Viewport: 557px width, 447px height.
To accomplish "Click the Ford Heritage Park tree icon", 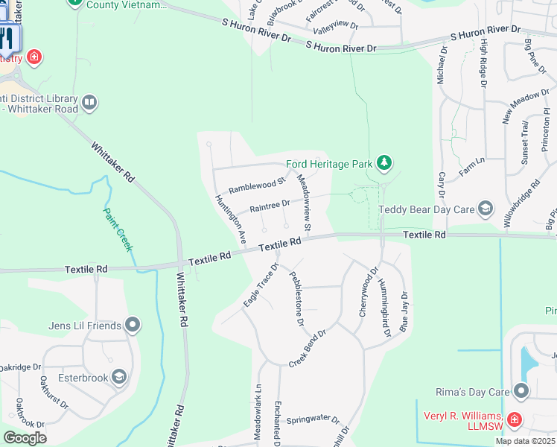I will click(383, 162).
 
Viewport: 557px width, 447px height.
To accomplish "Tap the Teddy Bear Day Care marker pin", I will click(486, 209).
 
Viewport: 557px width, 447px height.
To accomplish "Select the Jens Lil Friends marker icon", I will click(133, 325).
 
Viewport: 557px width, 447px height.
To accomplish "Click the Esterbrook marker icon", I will click(118, 377).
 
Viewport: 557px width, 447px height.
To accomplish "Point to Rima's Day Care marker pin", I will click(521, 390).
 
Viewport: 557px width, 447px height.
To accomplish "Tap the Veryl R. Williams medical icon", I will click(513, 420).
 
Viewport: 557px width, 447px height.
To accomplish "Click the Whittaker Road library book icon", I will click(89, 102).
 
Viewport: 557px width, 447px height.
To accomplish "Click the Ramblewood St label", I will click(257, 184).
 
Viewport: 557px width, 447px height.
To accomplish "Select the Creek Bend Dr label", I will click(308, 349).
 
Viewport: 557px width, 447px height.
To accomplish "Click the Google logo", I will click(24, 437).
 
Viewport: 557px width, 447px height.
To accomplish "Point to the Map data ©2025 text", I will click(525, 441).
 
